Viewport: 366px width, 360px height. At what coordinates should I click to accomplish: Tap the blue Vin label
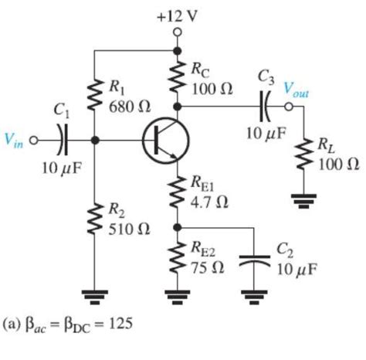(x=16, y=141)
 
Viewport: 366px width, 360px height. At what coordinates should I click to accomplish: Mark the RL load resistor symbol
(x=306, y=156)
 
